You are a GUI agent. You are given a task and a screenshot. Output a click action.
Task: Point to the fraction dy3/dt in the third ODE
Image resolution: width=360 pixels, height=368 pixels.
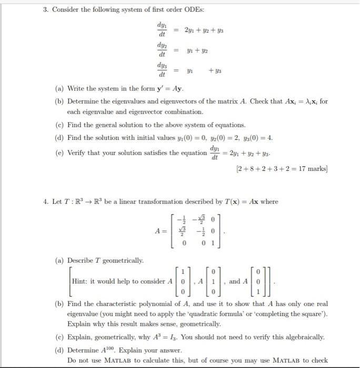(x=162, y=70)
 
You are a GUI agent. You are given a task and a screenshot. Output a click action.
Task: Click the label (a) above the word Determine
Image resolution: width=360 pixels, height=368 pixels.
(x=59, y=89)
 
